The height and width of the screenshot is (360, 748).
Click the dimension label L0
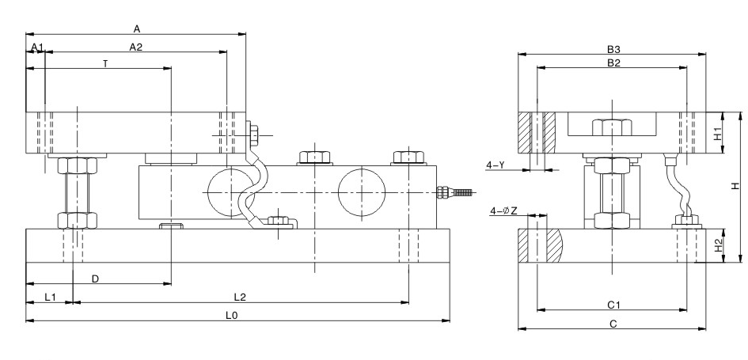[x=232, y=315]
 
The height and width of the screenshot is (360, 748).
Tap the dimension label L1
[x=49, y=297]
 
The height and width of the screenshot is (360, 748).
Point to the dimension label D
[x=96, y=279]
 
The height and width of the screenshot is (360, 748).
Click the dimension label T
[x=104, y=63]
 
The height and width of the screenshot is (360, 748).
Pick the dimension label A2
[x=136, y=47]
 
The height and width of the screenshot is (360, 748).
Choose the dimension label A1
[x=36, y=48]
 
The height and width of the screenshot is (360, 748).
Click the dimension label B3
[x=613, y=48]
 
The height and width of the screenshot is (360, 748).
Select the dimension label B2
[x=613, y=63]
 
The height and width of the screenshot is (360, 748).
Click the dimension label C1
[x=613, y=304]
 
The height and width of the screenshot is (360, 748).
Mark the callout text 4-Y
[x=496, y=165]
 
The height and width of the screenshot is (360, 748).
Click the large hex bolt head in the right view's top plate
[x=613, y=127]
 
